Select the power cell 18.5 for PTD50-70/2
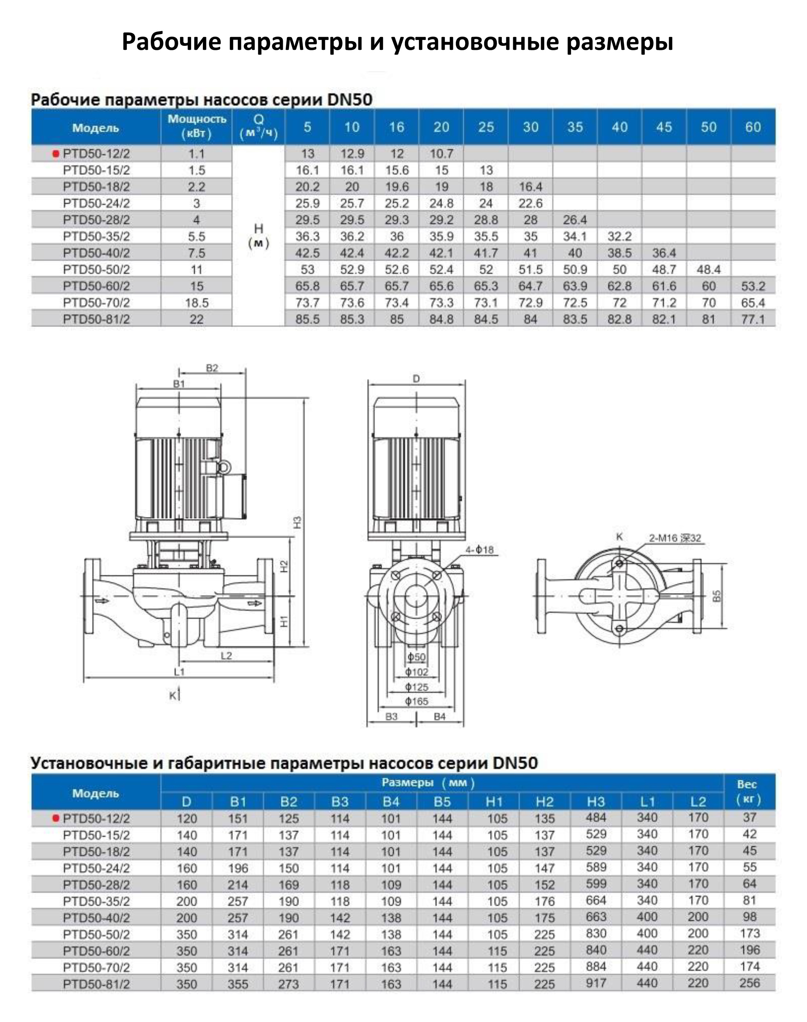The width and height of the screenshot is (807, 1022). point(196,302)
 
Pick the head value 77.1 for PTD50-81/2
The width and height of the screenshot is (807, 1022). point(753,320)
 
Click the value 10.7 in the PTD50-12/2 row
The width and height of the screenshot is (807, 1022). point(441,154)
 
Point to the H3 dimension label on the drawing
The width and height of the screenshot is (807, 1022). point(297,522)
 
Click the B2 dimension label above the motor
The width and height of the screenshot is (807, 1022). point(212,368)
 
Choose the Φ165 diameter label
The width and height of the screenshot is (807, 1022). point(417,702)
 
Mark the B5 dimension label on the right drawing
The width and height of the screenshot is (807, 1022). point(717,596)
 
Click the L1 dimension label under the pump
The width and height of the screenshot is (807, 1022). point(179,672)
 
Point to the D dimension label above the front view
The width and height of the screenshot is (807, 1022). point(416,379)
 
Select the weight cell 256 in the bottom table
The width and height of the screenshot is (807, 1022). point(750,983)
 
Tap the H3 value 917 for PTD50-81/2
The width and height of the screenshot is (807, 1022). point(596,983)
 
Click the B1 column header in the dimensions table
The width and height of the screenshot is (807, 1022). point(238,802)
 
